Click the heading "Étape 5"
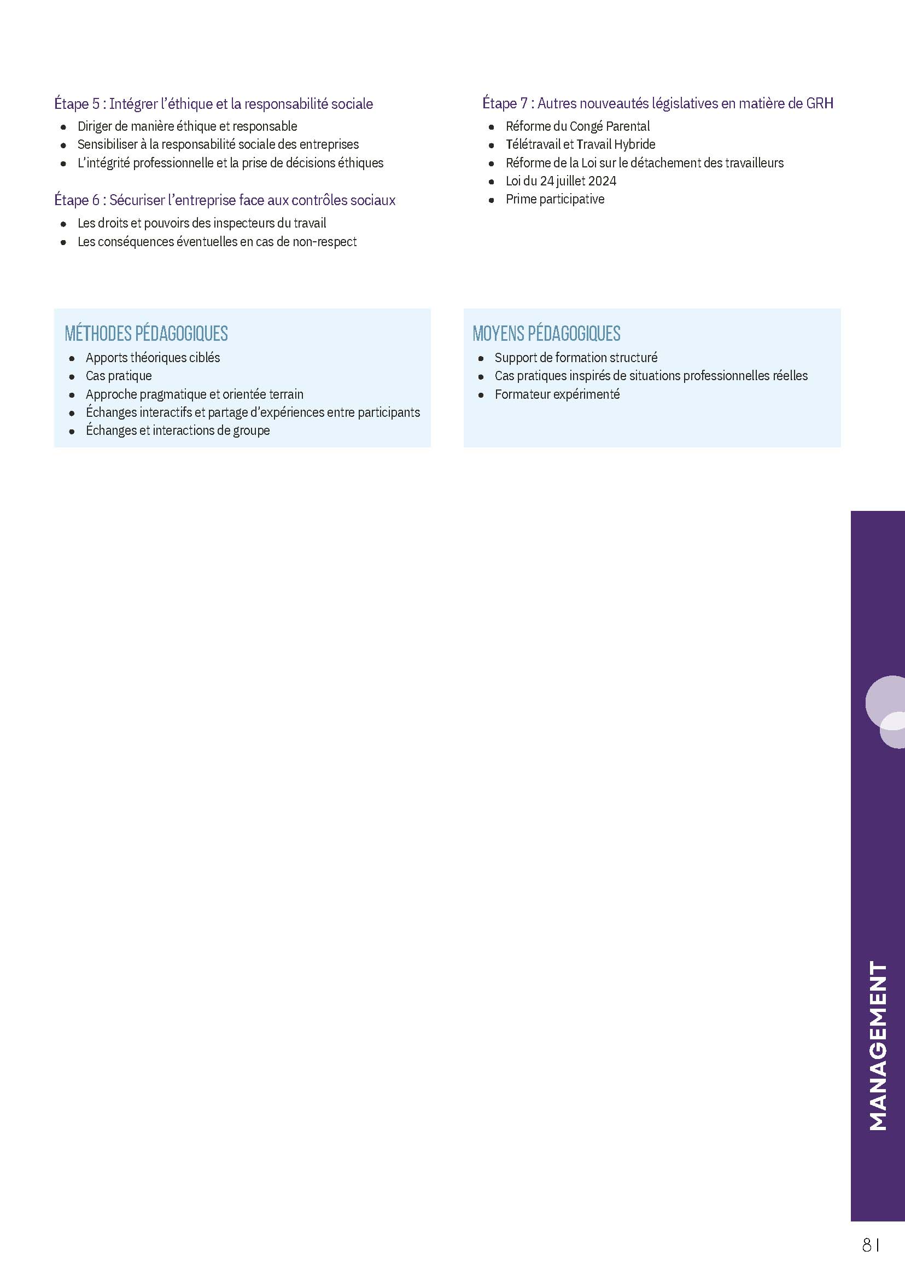point(213,104)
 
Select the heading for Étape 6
point(225,200)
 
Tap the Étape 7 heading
point(657,103)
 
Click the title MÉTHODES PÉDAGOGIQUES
point(146,333)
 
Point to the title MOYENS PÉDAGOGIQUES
point(546,333)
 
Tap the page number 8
point(867,1244)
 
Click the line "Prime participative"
point(554,199)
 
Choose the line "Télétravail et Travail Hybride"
point(580,144)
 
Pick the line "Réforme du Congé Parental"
point(577,126)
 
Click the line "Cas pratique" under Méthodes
point(119,376)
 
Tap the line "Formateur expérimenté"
point(557,394)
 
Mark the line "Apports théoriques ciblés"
point(153,357)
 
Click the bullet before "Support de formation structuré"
point(481,359)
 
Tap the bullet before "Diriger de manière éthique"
point(63,127)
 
